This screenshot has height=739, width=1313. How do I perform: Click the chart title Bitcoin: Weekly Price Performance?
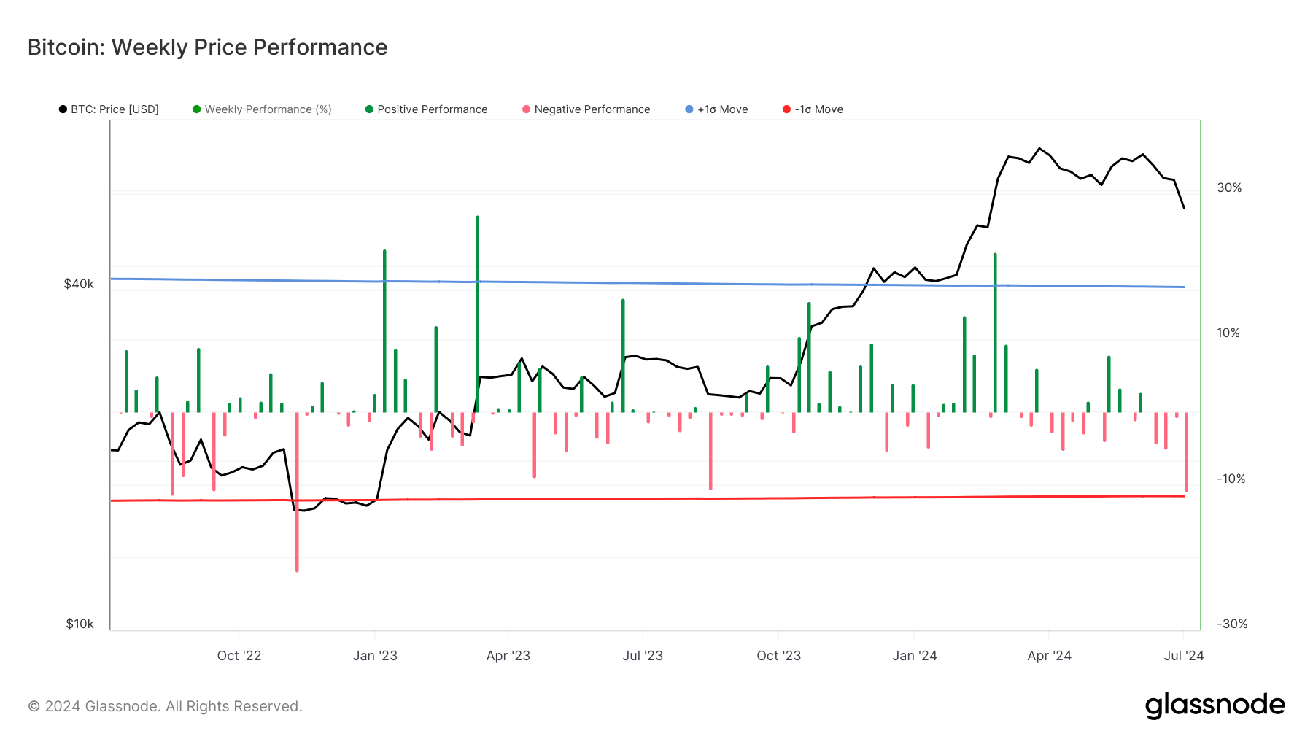207,47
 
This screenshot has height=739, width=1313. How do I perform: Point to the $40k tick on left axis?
79,284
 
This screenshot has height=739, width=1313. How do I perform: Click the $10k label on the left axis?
80,624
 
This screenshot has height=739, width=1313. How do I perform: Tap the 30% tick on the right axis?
1229,187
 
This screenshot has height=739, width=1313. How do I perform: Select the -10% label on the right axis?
1231,479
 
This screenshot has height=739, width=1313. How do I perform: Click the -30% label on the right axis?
1231,624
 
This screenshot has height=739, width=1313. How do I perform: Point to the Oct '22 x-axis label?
239,656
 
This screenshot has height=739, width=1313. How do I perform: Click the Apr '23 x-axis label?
508,656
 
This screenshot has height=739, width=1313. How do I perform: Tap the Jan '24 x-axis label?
914,656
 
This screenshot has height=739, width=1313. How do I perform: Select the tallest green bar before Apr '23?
477,314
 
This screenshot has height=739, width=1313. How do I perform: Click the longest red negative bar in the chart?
297,492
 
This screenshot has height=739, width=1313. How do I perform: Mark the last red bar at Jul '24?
1186,452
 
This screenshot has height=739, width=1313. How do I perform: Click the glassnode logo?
1215,705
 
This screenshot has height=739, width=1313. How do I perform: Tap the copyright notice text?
165,706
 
